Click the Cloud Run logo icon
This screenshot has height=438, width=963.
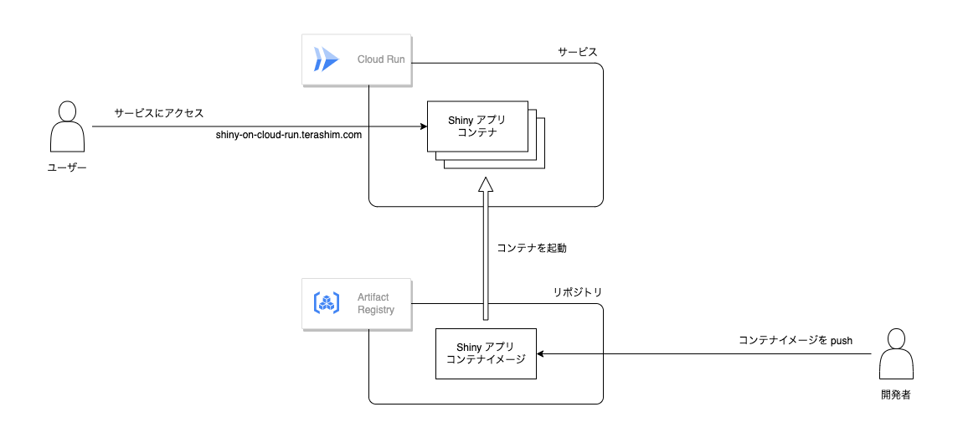pyautogui.click(x=326, y=59)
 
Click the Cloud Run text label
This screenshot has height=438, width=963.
pyautogui.click(x=381, y=59)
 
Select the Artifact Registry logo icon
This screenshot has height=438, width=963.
pyautogui.click(x=326, y=303)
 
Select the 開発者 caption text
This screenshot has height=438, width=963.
pyautogui.click(x=895, y=394)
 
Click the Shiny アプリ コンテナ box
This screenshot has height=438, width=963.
pyautogui.click(x=477, y=126)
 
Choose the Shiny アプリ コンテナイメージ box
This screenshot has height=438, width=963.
pyautogui.click(x=486, y=353)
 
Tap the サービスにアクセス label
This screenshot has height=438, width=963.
pyautogui.click(x=159, y=111)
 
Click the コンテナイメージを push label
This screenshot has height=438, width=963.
pyautogui.click(x=796, y=340)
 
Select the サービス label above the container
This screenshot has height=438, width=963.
pyautogui.click(x=578, y=51)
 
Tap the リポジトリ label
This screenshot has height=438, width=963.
pyautogui.click(x=578, y=292)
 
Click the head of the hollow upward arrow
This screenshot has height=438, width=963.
pyautogui.click(x=486, y=186)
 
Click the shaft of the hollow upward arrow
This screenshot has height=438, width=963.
pyautogui.click(x=486, y=260)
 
